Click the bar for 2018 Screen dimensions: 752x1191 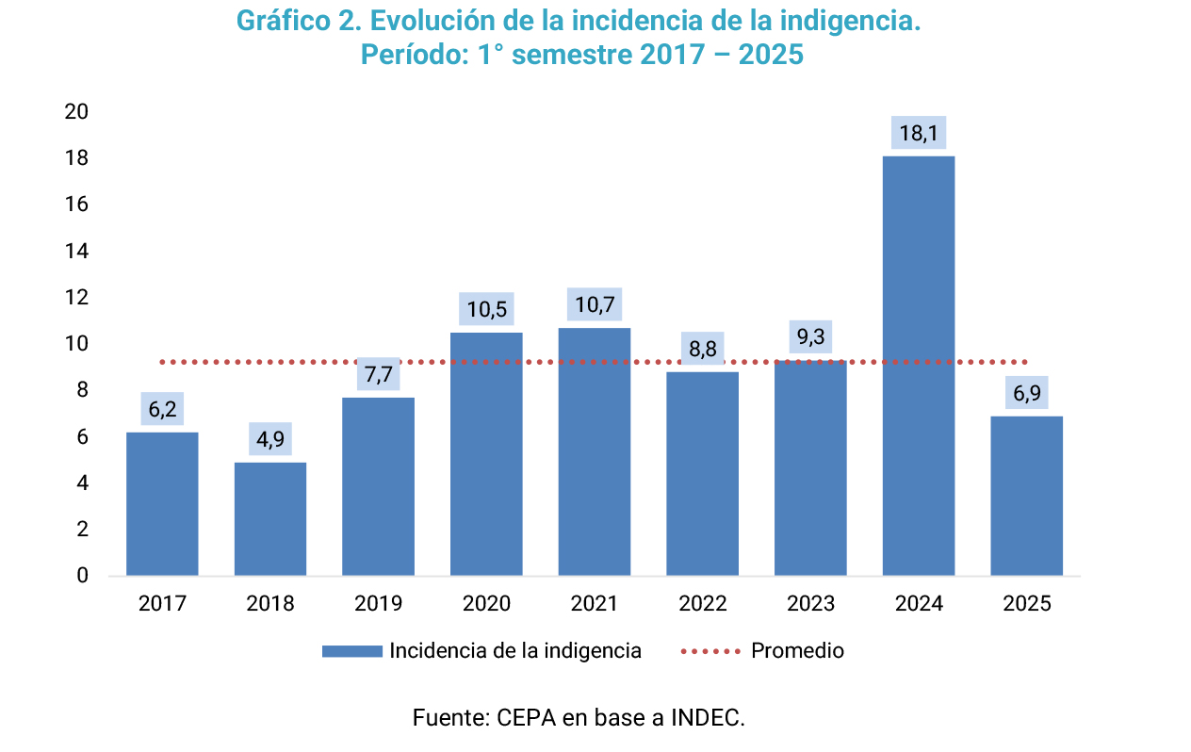point(270,518)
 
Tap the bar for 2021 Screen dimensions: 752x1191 point(595,451)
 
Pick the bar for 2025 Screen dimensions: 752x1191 point(1026,496)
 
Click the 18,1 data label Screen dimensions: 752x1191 point(919,134)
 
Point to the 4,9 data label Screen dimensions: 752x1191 point(270,440)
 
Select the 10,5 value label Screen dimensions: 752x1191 point(486,310)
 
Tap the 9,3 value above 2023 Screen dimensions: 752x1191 point(810,337)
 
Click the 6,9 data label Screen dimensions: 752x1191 point(1026,393)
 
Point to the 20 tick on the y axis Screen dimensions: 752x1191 point(76,112)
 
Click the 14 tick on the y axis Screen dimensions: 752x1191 point(76,251)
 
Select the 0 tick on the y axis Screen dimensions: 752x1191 point(82,576)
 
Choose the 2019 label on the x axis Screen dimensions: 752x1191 point(379,604)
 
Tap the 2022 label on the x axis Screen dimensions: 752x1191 point(703,604)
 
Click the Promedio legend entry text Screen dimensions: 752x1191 point(797,651)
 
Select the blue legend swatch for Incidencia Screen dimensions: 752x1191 point(351,651)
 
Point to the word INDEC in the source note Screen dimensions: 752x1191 point(707,718)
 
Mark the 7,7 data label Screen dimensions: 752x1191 point(379,375)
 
